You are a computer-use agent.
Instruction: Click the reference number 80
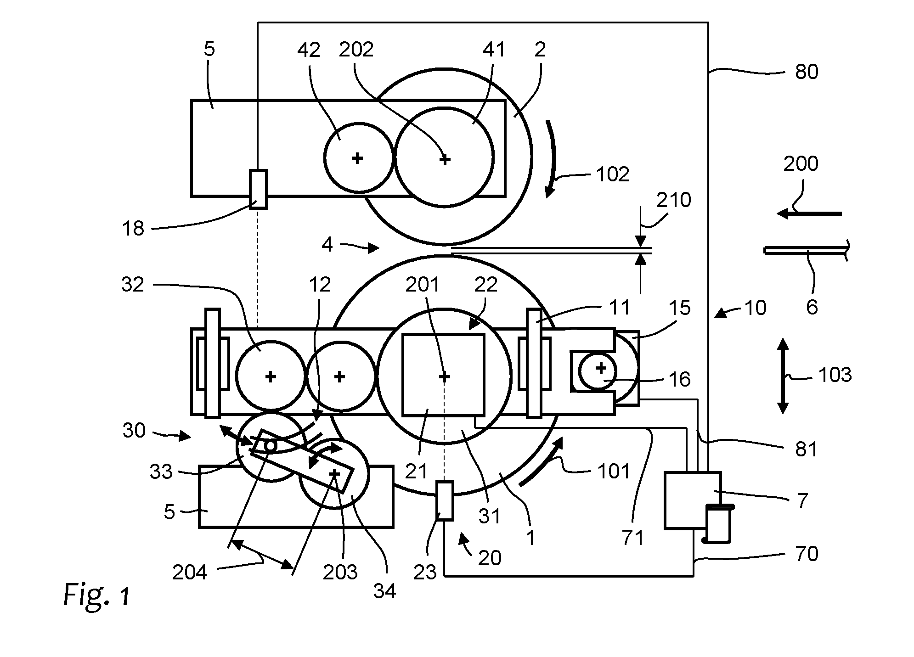click(x=807, y=72)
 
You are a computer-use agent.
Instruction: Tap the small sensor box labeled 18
click(x=258, y=189)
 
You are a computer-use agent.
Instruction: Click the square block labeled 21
click(x=443, y=375)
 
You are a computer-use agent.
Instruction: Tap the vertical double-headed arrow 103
click(x=783, y=376)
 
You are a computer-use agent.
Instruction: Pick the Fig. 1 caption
click(x=97, y=595)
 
